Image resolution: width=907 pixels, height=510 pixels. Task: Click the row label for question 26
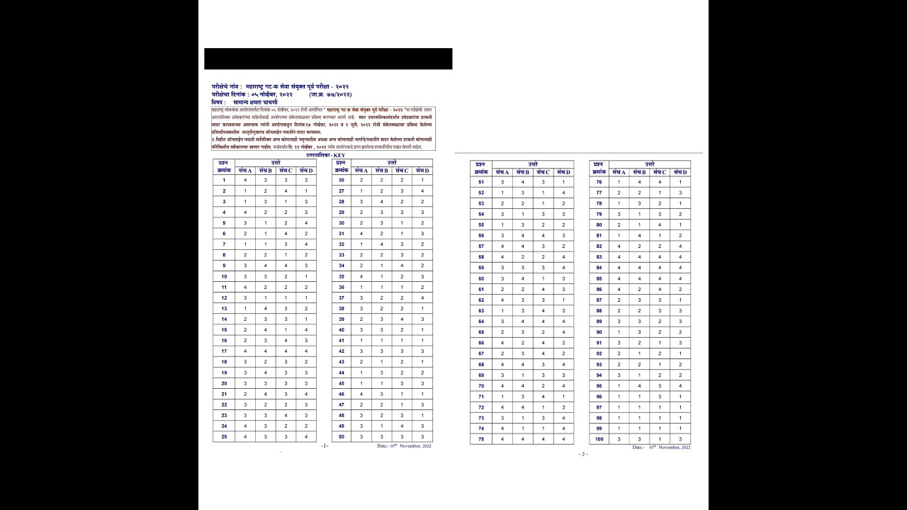coord(341,180)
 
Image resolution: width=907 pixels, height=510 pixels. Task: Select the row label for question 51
coord(480,182)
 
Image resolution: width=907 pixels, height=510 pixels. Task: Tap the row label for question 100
coord(599,439)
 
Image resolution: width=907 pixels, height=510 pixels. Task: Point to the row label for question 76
coord(599,182)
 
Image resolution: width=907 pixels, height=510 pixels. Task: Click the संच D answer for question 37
coord(422,297)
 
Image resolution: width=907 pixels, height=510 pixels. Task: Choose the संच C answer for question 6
coord(286,234)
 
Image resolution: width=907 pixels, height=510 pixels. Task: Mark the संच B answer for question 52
coord(523,193)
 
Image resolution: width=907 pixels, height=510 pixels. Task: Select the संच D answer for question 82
coord(680,246)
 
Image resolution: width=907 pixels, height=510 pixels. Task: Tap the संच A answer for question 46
coord(361,394)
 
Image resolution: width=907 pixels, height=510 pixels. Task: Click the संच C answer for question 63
coord(543,310)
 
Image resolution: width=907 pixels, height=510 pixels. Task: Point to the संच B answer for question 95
coord(639,386)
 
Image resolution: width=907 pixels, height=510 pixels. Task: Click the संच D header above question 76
coord(680,172)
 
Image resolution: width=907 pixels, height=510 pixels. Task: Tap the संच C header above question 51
coord(543,172)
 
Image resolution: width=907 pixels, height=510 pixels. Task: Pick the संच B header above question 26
coord(381,171)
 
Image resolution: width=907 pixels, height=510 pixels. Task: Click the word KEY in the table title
coord(344,154)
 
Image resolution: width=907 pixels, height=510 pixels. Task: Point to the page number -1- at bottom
coord(325,446)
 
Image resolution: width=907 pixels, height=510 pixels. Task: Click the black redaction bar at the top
coord(328,59)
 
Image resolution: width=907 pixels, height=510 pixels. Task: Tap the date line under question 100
coord(661,448)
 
